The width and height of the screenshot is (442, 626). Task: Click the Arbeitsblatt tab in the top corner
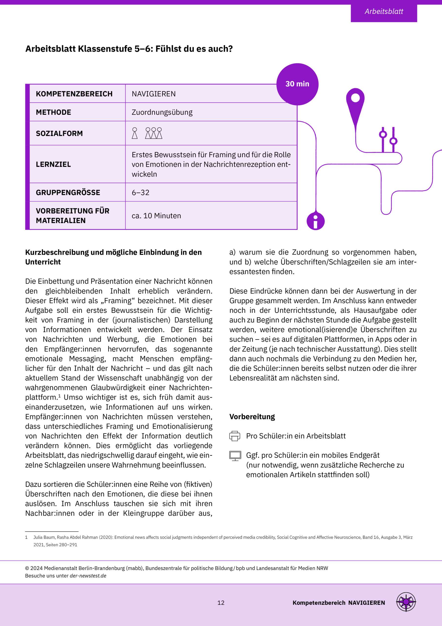coord(383,11)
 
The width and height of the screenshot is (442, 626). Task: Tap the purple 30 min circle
coord(297,84)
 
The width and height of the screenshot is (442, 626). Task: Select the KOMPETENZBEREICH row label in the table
coord(74,94)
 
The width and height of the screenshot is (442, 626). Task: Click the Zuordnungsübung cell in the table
coord(162,112)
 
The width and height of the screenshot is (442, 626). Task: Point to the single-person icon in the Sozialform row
coord(135,133)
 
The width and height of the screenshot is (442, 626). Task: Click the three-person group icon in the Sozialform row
coord(154,133)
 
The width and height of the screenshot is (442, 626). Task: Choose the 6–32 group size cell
coord(140,192)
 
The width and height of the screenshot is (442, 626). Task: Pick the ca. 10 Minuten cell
coord(156,216)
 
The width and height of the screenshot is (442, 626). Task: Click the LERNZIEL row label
coord(53,164)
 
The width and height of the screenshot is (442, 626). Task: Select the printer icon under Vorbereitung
coord(235,436)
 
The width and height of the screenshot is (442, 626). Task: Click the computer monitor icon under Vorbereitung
coord(235,456)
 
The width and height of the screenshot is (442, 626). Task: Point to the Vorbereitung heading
coord(252,417)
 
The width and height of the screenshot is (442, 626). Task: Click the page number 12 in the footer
coord(221,603)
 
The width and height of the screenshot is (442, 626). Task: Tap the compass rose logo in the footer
coord(406,602)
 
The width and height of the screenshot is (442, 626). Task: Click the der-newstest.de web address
coord(88,576)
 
